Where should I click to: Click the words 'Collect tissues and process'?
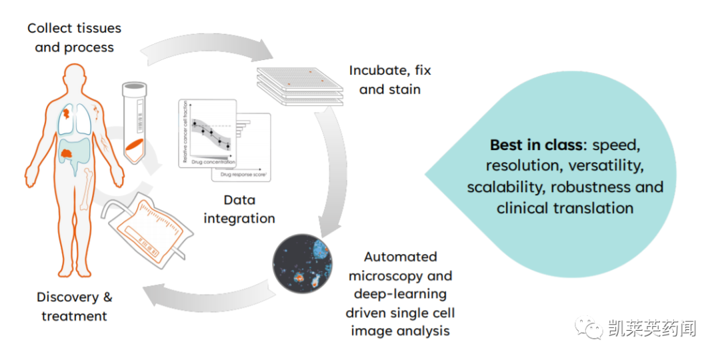(x=74, y=37)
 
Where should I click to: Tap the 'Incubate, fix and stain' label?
(x=390, y=79)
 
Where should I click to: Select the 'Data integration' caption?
(x=239, y=209)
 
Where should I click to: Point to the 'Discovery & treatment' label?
(x=74, y=306)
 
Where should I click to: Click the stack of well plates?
(x=299, y=87)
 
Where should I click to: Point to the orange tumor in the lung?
(x=67, y=114)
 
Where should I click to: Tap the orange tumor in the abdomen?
(x=69, y=154)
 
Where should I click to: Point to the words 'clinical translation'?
(x=565, y=208)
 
